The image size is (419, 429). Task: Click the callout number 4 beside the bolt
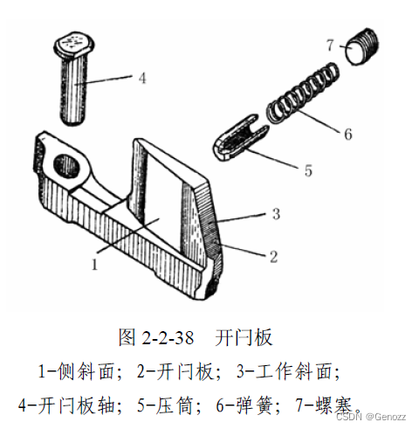click(x=142, y=78)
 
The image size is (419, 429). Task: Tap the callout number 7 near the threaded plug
click(x=330, y=45)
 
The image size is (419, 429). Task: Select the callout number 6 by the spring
click(x=348, y=134)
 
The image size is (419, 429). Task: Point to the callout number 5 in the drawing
click(x=308, y=170)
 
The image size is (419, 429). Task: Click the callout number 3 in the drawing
click(x=276, y=213)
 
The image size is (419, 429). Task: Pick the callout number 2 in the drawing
click(x=273, y=257)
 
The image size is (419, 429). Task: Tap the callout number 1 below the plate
click(x=94, y=265)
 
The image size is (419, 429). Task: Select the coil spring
click(x=303, y=93)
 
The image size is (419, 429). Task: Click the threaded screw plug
click(x=362, y=46)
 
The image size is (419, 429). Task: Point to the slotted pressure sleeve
click(x=240, y=137)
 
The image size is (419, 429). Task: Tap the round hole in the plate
click(x=66, y=165)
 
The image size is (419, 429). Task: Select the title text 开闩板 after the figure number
click(x=244, y=337)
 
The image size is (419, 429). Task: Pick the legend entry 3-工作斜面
click(x=287, y=371)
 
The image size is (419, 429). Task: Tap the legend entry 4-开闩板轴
click(x=66, y=405)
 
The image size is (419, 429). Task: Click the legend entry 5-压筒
click(x=166, y=405)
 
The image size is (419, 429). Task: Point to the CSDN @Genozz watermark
click(x=371, y=416)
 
